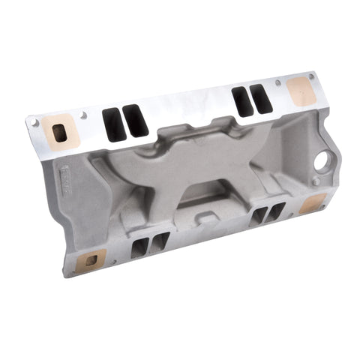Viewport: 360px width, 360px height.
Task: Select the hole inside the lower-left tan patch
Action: point(91,260)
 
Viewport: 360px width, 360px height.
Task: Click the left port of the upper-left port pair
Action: point(112,124)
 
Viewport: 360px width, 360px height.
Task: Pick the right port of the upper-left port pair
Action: point(135,121)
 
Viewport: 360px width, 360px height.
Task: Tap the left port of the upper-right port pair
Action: point(241,100)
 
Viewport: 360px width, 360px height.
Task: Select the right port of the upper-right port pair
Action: point(260,97)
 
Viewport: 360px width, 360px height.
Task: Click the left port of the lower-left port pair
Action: point(140,247)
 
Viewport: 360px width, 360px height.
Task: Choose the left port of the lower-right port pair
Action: point(258,216)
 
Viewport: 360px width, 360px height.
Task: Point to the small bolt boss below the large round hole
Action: point(317,181)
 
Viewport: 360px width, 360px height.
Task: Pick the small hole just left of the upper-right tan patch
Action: point(277,82)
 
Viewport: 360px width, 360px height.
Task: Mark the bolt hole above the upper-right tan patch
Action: point(311,75)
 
